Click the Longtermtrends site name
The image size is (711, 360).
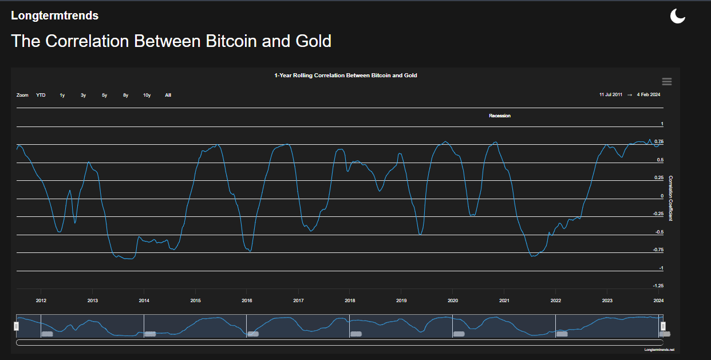click(54, 16)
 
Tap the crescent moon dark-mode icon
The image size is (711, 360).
click(678, 16)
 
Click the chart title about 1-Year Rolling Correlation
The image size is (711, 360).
click(345, 76)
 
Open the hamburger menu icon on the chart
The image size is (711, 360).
click(667, 82)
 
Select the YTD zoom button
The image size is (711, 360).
click(41, 95)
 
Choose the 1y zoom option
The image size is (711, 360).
click(62, 95)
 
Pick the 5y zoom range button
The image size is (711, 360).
click(105, 95)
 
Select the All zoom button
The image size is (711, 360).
click(168, 95)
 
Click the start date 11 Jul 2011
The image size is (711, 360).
click(611, 94)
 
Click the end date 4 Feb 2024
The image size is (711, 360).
click(649, 94)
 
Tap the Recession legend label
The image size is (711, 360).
click(499, 116)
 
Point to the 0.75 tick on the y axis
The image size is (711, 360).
click(659, 141)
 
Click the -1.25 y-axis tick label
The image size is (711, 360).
click(658, 286)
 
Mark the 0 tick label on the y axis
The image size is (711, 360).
click(662, 196)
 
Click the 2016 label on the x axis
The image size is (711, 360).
click(247, 300)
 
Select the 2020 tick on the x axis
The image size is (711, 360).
click(452, 300)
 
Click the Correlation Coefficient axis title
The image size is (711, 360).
click(671, 198)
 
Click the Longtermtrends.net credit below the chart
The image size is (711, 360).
click(659, 349)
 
